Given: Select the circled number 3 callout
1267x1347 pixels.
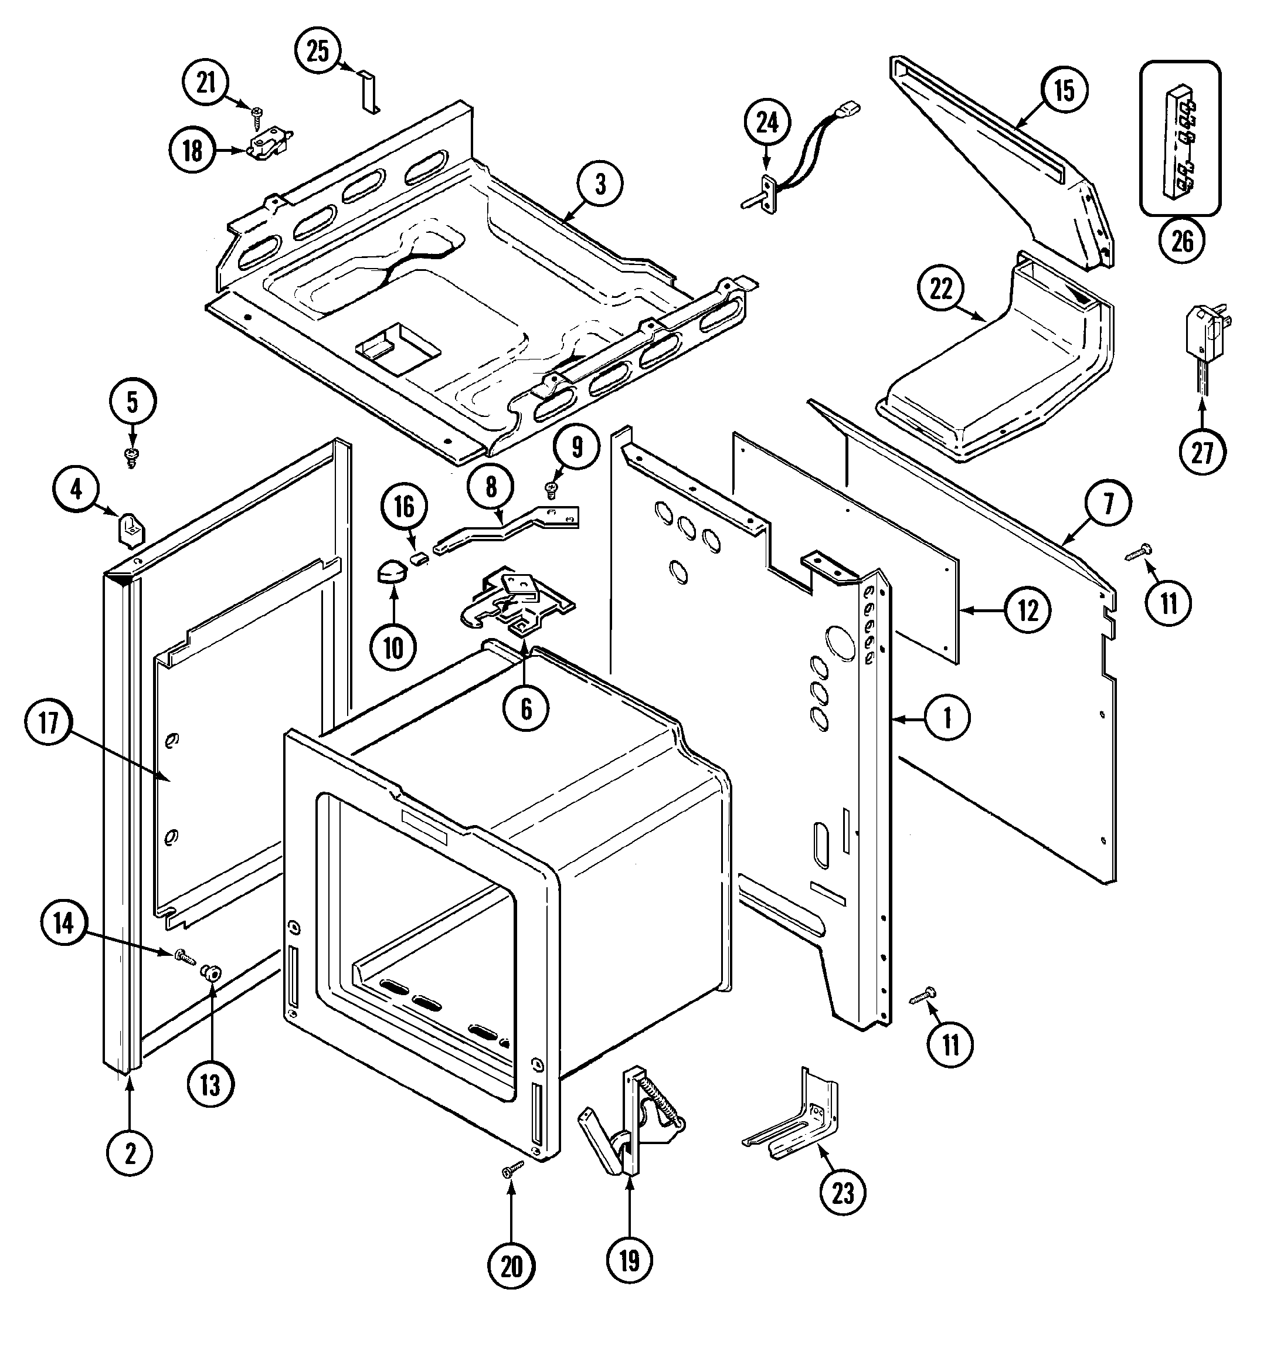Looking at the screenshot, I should click(x=600, y=184).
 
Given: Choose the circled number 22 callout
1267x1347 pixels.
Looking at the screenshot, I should click(x=941, y=289).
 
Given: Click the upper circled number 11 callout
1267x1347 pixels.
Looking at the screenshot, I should click(x=1169, y=602).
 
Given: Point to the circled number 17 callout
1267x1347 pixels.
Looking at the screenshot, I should click(x=49, y=724).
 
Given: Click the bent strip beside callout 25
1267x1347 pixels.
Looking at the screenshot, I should click(x=370, y=91).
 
